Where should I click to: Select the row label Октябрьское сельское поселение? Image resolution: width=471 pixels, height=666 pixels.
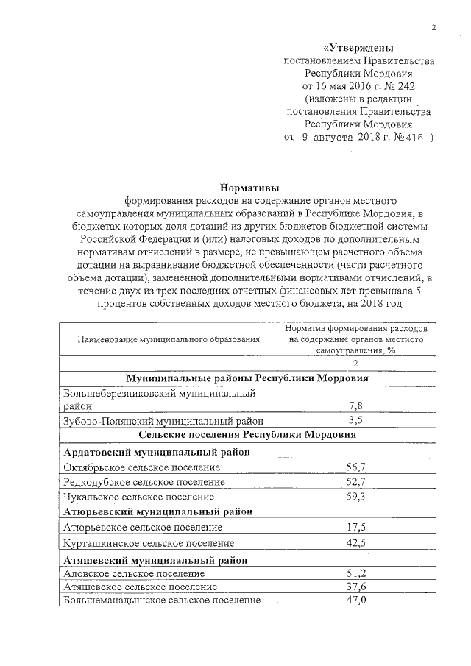[x=142, y=467]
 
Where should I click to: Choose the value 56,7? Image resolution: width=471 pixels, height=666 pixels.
[x=356, y=467]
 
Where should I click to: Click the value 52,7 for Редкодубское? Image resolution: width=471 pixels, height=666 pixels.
[x=356, y=481]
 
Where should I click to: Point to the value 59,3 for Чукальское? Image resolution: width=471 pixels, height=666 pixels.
[x=356, y=497]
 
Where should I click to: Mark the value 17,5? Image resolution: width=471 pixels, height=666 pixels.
[x=356, y=527]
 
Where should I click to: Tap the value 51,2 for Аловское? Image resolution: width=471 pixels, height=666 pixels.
[x=356, y=573]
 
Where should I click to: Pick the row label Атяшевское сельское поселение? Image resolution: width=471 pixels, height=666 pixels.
[x=141, y=587]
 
